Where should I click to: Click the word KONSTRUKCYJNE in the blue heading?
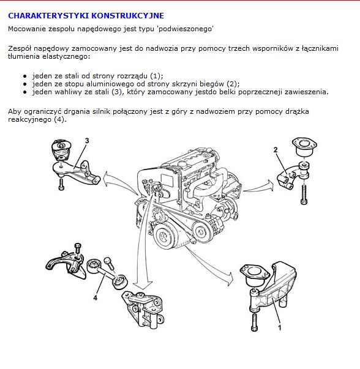click(x=127, y=15)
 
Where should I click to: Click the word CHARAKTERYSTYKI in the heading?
click(x=48, y=15)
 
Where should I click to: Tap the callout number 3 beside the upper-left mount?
click(x=87, y=141)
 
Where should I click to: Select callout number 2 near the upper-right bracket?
click(x=276, y=150)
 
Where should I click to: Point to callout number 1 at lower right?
click(x=280, y=327)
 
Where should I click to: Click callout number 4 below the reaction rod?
click(x=95, y=298)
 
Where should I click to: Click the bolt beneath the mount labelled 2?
click(x=304, y=195)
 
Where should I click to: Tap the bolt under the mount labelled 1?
click(x=254, y=322)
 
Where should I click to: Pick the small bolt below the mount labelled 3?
click(x=61, y=184)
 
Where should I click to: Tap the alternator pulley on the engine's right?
click(x=201, y=233)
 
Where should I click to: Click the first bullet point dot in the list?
click(x=25, y=76)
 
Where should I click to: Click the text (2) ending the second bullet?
click(x=232, y=84)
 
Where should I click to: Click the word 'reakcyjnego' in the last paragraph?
click(x=29, y=119)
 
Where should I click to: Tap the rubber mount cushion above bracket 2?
click(x=304, y=147)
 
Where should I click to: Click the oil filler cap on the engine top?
click(x=183, y=164)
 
